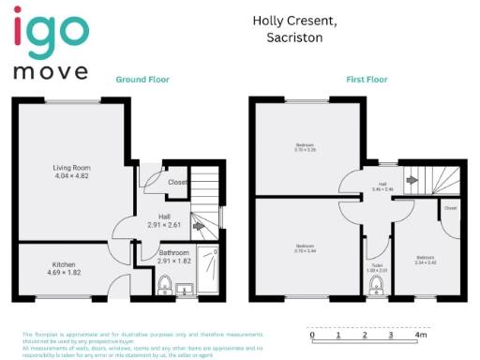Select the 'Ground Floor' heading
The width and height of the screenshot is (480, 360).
pyautogui.click(x=142, y=81)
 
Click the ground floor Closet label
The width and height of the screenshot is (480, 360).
pyautogui.click(x=176, y=182)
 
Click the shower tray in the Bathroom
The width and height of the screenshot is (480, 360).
pyautogui.click(x=211, y=272)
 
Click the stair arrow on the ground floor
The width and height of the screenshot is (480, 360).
pyautogui.click(x=199, y=225)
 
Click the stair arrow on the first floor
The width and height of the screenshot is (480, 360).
pyautogui.click(x=412, y=178)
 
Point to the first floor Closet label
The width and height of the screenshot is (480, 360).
pyautogui.click(x=450, y=207)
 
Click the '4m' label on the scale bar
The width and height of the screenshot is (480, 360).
pyautogui.click(x=421, y=335)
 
